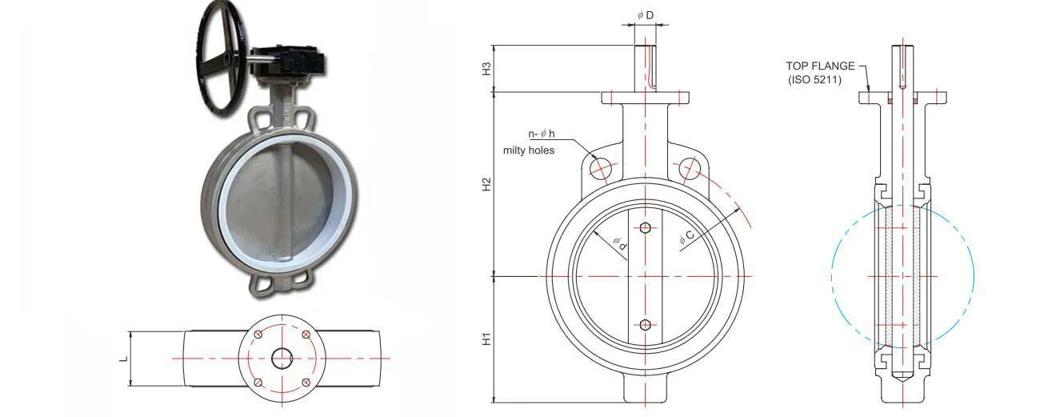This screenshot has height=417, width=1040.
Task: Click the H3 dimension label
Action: coord(486,69)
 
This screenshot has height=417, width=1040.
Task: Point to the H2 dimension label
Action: coord(486,184)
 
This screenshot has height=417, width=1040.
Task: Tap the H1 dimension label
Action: coord(486,339)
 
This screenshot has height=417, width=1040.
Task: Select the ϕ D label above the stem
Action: coord(646,15)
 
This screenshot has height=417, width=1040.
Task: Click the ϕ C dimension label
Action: coord(686,237)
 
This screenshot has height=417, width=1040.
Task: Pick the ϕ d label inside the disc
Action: coord(620,243)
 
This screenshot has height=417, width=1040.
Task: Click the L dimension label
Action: coord(124,359)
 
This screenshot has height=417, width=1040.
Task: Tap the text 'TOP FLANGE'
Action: coord(820,66)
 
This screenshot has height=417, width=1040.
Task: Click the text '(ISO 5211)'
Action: coord(815,80)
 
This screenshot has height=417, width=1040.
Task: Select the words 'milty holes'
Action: coord(529,150)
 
